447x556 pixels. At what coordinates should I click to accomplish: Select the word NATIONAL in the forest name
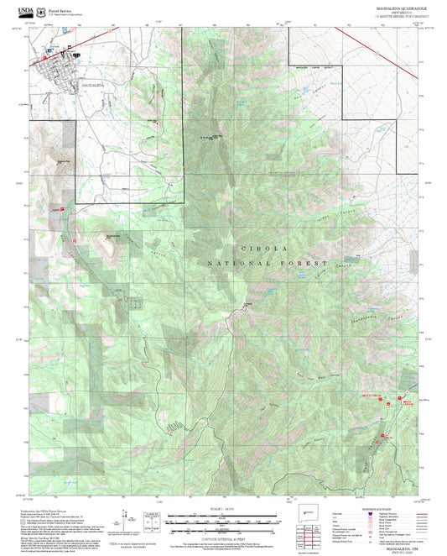[242, 264]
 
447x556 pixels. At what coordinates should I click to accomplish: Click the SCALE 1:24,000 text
[222, 509]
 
